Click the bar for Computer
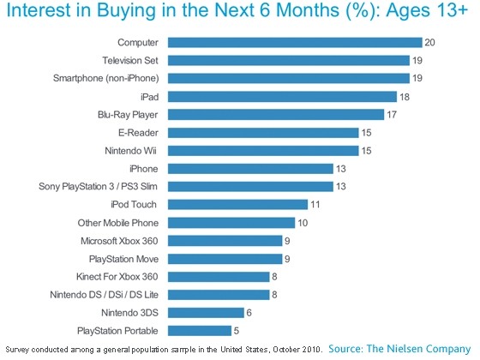pyautogui.click(x=295, y=42)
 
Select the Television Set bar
pyautogui.click(x=289, y=60)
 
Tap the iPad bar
pyautogui.click(x=282, y=97)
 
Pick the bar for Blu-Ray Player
pyautogui.click(x=276, y=115)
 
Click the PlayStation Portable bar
pyautogui.click(x=200, y=331)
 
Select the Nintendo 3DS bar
pyautogui.click(x=206, y=313)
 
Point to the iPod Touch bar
pyautogui.click(x=238, y=205)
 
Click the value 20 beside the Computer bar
pyautogui.click(x=429, y=42)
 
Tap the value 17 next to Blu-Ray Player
pyautogui.click(x=392, y=115)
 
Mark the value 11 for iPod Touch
pyautogui.click(x=315, y=205)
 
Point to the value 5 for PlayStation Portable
pyautogui.click(x=237, y=331)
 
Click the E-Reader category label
pyautogui.click(x=138, y=133)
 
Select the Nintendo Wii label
pyautogui.click(x=130, y=151)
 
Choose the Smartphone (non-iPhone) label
pyautogui.click(x=106, y=78)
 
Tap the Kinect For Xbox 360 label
pyautogui.click(x=117, y=276)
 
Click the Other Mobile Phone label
pyautogui.click(x=118, y=223)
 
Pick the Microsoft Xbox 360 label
pyautogui.click(x=119, y=241)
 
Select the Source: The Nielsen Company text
pyautogui.click(x=399, y=349)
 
